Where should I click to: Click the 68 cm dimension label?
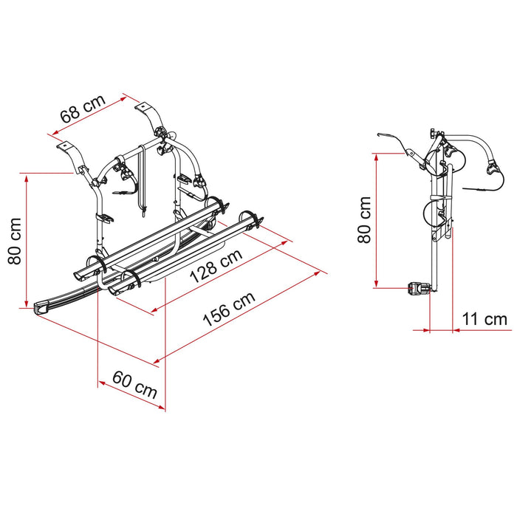point(83,108)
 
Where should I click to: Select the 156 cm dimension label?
point(229,308)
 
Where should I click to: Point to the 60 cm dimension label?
point(135,385)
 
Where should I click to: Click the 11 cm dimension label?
point(485,319)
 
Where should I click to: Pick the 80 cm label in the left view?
point(15,242)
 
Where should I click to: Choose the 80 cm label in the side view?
point(364,219)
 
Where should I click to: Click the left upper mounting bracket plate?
point(65,145)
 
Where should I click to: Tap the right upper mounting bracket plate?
point(143,107)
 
